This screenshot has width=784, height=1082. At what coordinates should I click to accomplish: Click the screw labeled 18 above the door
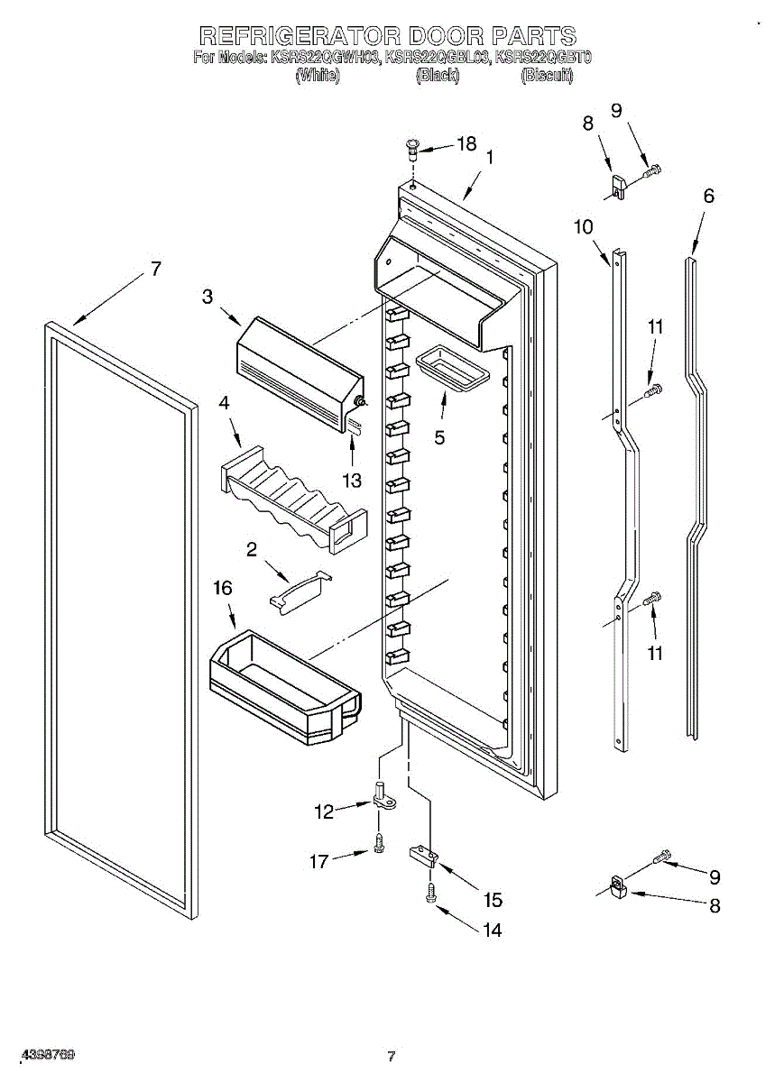[x=413, y=147]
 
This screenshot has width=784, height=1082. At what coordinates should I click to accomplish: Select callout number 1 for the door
[x=489, y=157]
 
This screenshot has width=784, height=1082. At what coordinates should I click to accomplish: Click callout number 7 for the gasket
[x=155, y=268]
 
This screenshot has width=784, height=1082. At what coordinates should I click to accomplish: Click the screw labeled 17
[x=379, y=843]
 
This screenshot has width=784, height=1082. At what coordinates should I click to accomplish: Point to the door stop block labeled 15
[x=423, y=853]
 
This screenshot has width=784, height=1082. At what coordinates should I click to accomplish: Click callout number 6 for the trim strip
[x=708, y=196]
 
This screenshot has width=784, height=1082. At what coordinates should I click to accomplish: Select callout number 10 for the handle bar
[x=583, y=226]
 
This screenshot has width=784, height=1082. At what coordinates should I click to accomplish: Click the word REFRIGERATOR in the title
[x=299, y=36]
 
